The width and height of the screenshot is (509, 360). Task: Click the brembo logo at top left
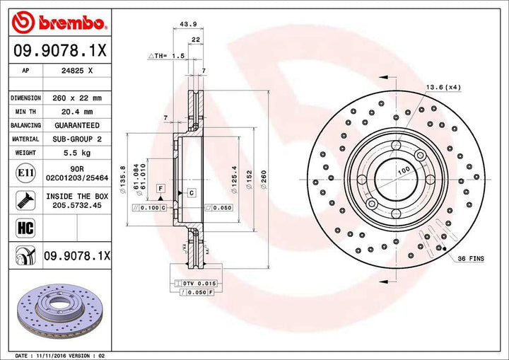click(60, 23)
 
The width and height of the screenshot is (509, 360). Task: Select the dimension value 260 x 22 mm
click(77, 98)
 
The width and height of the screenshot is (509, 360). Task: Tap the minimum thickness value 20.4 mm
click(78, 112)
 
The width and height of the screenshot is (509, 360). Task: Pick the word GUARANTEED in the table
click(77, 126)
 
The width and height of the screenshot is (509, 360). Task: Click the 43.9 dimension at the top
click(188, 24)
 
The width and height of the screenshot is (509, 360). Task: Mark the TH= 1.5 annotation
click(168, 54)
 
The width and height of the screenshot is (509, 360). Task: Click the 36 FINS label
click(470, 260)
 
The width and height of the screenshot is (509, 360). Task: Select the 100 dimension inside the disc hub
click(404, 171)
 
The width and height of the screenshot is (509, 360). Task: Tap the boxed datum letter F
click(161, 189)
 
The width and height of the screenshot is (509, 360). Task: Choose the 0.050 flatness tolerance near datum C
click(221, 208)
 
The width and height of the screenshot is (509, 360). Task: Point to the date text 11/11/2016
click(69, 354)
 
